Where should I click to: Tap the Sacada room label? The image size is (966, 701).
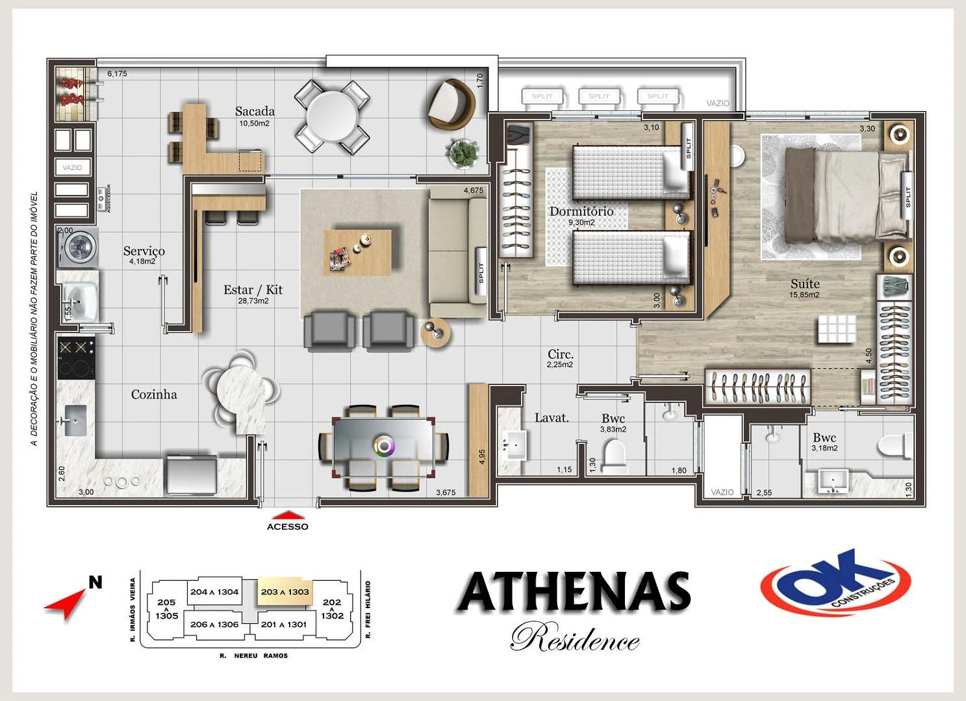(255, 112)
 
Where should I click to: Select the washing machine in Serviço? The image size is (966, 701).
(79, 247)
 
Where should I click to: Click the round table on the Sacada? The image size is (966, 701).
(332, 116)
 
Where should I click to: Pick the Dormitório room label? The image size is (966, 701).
(581, 212)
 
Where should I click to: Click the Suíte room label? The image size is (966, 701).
(805, 284)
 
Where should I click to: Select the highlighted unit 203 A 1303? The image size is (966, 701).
(285, 592)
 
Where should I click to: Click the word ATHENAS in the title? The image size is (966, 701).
(574, 592)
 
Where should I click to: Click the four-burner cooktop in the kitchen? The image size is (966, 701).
(76, 358)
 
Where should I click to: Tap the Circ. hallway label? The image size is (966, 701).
(560, 354)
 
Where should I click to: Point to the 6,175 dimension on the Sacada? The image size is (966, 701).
(117, 74)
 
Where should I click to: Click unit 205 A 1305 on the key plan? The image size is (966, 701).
(166, 609)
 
